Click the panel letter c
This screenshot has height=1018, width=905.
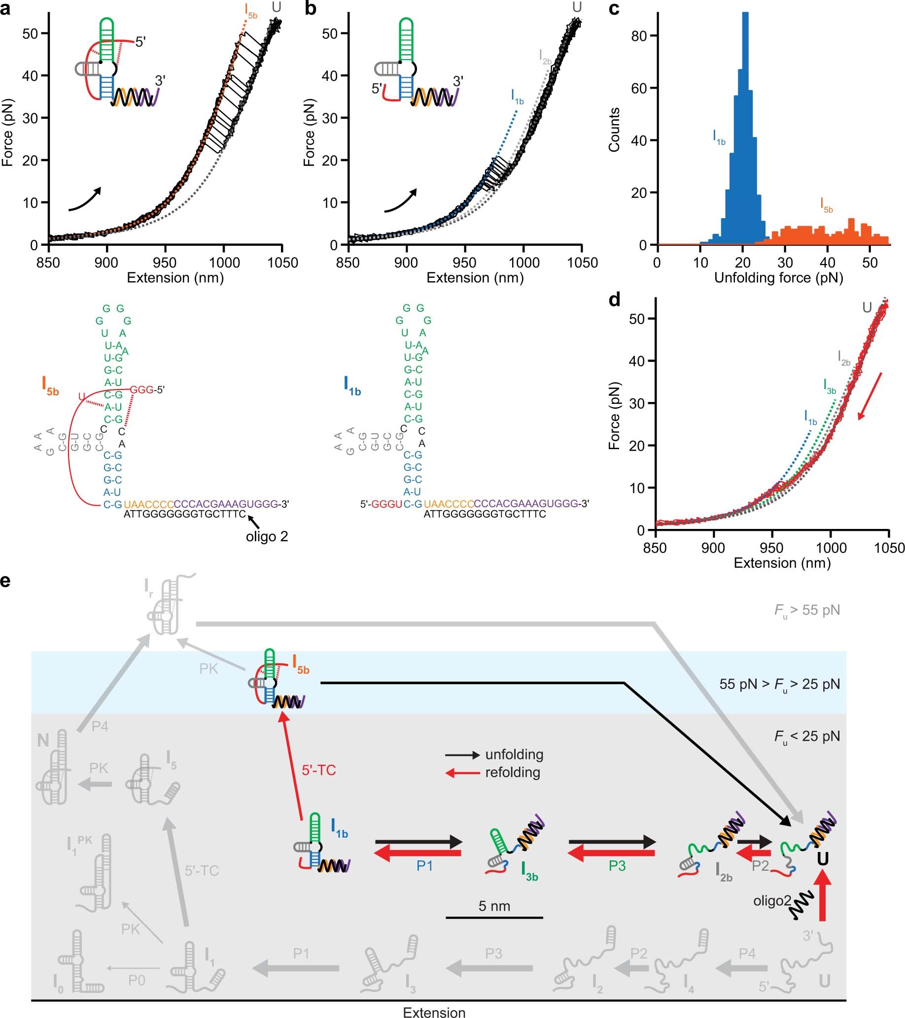615,9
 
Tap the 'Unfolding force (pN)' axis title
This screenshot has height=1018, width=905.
778,278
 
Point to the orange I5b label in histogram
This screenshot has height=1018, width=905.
826,205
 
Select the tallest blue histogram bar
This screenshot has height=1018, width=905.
745,130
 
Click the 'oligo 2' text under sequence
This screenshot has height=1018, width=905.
267,537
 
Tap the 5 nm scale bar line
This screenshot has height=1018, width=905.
494,918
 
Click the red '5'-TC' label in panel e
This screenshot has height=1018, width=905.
318,770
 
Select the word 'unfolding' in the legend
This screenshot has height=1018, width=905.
514,755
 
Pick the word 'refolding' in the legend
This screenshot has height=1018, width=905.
512,772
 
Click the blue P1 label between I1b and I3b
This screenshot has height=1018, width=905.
424,866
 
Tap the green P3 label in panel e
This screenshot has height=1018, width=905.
617,866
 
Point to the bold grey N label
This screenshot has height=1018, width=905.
43,741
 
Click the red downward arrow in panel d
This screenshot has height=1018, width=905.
870,397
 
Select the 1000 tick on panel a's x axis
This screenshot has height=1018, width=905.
224,263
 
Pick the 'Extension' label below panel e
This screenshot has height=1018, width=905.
434,1012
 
